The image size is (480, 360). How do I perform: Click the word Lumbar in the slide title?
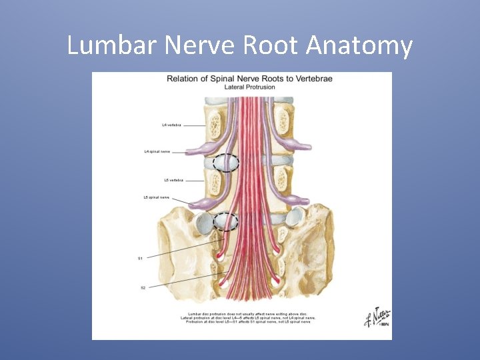click(x=106, y=46)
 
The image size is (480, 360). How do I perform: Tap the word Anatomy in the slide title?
click(x=360, y=46)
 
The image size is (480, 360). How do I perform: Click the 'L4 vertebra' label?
click(x=171, y=125)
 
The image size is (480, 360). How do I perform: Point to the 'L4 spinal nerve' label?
click(x=157, y=151)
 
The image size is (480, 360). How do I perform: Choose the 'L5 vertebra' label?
click(x=174, y=179)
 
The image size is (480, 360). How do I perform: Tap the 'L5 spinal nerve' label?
click(x=157, y=197)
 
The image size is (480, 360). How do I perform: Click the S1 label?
click(x=141, y=258)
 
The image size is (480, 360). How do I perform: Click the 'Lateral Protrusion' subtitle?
click(x=249, y=87)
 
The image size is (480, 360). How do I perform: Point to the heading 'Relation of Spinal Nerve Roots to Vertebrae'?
click(x=249, y=79)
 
